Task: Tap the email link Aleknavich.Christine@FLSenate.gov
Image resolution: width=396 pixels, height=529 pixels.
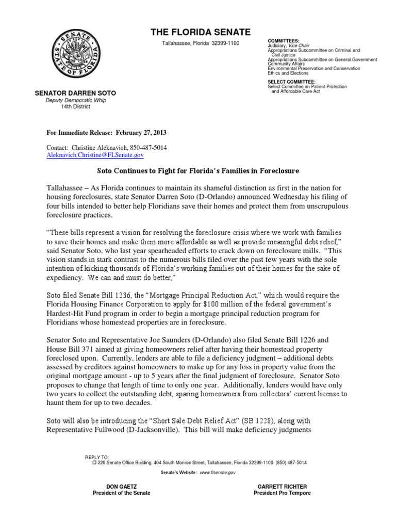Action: click(x=95, y=155)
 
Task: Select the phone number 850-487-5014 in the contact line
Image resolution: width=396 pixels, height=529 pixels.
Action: click(x=146, y=148)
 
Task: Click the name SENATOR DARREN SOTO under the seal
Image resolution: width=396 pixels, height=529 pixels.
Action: click(x=75, y=93)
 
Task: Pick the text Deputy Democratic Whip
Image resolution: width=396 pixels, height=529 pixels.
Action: click(x=75, y=100)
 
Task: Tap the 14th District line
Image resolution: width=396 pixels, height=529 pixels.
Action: click(x=75, y=107)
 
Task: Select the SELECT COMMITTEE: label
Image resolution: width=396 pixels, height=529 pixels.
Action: click(x=292, y=82)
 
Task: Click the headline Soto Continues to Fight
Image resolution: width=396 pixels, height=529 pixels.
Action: click(x=198, y=170)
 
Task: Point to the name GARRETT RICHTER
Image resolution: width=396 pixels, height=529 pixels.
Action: click(x=282, y=486)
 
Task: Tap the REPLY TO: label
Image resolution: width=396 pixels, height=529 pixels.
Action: click(x=96, y=457)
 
